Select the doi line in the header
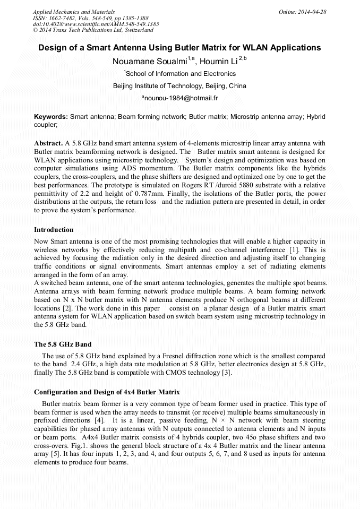pyautogui.click(x=96, y=24)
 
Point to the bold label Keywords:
pyautogui.click(x=51, y=116)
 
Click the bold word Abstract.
pyautogui.click(x=48, y=143)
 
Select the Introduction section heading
pyautogui.click(x=54, y=230)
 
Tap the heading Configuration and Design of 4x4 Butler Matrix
pyautogui.click(x=107, y=392)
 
